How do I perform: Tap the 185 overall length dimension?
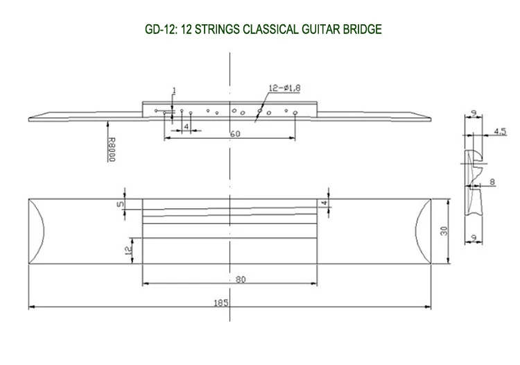pyautogui.click(x=221, y=303)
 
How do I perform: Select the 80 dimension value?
pyautogui.click(x=241, y=280)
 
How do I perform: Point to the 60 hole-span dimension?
pyautogui.click(x=235, y=134)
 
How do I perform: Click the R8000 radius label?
pyautogui.click(x=112, y=149)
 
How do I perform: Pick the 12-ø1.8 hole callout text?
pyautogui.click(x=284, y=88)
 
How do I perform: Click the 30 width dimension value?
pyautogui.click(x=444, y=231)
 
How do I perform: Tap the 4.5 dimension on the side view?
pyautogui.click(x=500, y=131)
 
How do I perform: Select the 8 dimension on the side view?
pyautogui.click(x=492, y=182)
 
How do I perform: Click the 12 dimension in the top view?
pyautogui.click(x=128, y=250)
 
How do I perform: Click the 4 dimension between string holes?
pyautogui.click(x=186, y=127)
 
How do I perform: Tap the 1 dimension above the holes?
pyautogui.click(x=175, y=91)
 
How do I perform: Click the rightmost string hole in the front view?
pyautogui.click(x=295, y=113)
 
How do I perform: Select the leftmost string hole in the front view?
pyautogui.click(x=156, y=110)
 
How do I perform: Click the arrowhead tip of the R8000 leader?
pyautogui.click(x=107, y=121)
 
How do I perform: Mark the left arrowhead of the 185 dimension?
pyautogui.click(x=29, y=307)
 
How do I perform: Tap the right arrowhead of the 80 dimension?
pyautogui.click(x=317, y=283)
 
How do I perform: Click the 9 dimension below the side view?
pyautogui.click(x=474, y=238)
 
